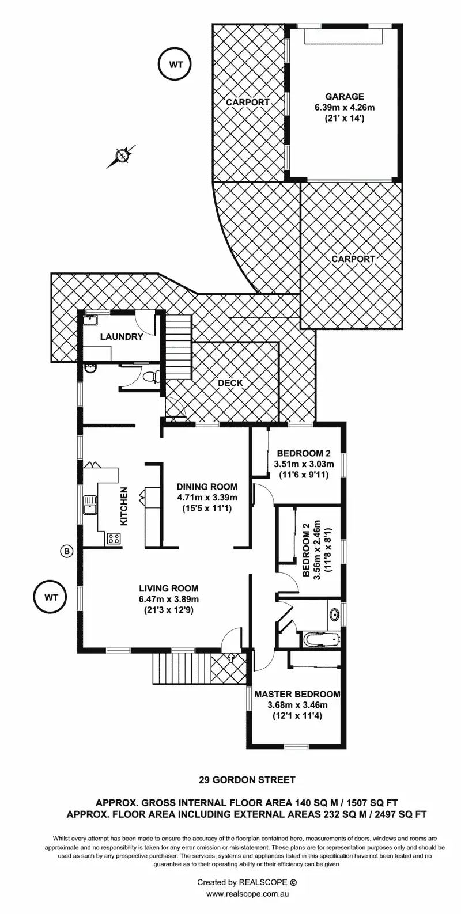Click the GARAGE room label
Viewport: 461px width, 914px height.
coord(344,97)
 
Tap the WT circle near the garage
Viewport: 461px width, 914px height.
coord(176,65)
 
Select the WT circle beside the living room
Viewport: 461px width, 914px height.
coord(51,597)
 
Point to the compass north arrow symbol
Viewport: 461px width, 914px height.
coord(122,155)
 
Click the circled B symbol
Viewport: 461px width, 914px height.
coord(67,551)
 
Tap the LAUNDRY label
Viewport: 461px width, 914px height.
coord(121,336)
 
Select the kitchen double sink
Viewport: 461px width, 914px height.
coord(90,505)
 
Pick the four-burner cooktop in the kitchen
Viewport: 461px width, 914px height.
coord(113,539)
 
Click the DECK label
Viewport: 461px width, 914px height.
coord(230,382)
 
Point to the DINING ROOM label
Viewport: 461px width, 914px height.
coord(207,487)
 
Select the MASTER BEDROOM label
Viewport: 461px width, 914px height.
coord(297,694)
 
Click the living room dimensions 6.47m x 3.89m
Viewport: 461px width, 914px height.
coord(168,599)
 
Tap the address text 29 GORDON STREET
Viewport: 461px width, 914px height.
coord(247,780)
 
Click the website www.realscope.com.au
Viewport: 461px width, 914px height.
coord(247,894)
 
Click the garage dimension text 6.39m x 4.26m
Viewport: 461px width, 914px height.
coord(344,107)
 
